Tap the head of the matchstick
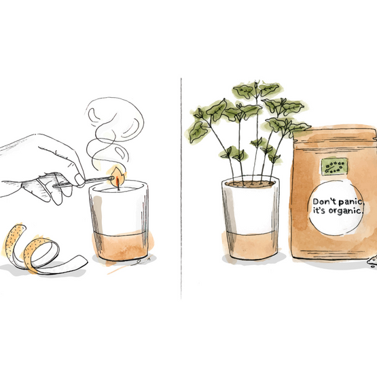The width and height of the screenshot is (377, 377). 112,178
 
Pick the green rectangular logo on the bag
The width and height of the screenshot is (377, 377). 334,166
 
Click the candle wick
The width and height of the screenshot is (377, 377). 118,185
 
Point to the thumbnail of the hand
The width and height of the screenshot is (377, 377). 79,179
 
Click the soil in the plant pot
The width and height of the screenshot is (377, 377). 250,183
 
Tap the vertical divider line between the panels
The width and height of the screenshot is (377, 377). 181,188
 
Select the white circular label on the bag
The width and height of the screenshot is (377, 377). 336,208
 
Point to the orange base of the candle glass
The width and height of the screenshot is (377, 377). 120,246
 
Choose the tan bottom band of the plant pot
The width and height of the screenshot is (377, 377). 251,245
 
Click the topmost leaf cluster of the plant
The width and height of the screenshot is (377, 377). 257,90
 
